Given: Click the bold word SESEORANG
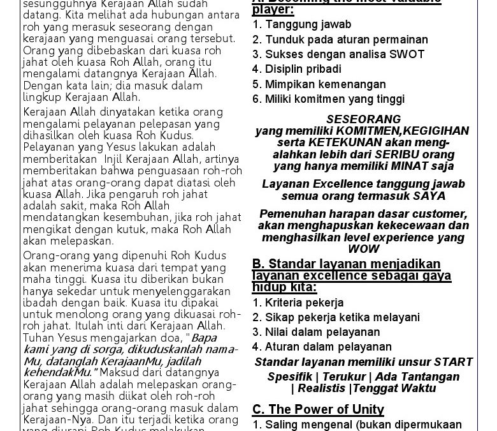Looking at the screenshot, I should tap(363, 119).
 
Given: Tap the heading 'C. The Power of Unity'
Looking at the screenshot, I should tap(318, 409).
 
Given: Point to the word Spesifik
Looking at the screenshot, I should tap(290, 376).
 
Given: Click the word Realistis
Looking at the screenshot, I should tap(321, 388).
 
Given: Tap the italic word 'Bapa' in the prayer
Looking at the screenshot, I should tap(205, 336).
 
